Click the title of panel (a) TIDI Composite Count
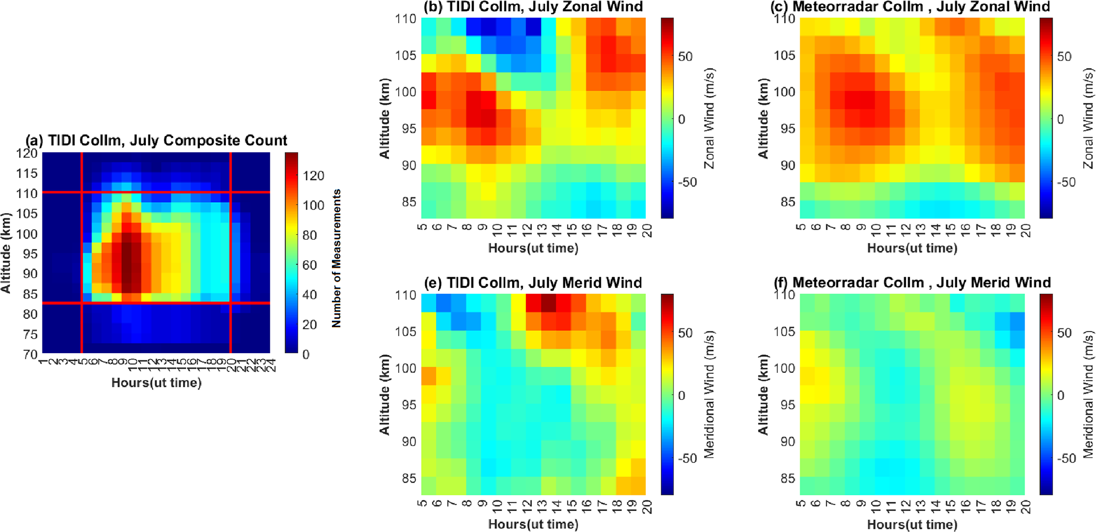pos(156,141)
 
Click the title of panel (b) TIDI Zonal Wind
pos(533,7)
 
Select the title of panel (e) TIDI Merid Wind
pos(533,283)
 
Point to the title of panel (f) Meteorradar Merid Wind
pos(911,283)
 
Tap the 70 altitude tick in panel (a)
pos(30,354)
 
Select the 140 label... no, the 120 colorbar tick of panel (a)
pos(313,176)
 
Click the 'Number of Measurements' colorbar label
pos(336,258)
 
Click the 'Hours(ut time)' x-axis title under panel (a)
pos(156,382)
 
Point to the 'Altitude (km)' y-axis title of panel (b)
pos(385,118)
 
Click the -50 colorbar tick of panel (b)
pos(688,182)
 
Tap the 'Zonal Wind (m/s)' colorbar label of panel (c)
pos(1089,118)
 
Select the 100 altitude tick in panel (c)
pos(784,92)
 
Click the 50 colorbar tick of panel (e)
pos(686,333)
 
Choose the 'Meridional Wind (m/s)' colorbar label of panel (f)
pos(1089,395)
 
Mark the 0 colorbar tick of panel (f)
pos(1060,396)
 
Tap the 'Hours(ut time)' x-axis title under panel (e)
pos(533,525)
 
